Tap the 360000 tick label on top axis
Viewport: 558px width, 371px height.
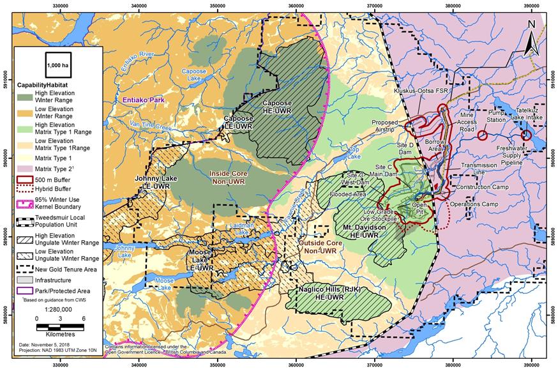pyautogui.click(x=295, y=6)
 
